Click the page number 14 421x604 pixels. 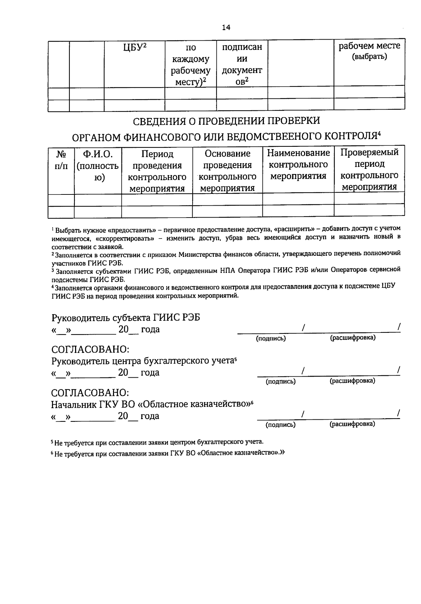(x=226, y=28)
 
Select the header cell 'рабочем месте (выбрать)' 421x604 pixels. (x=369, y=51)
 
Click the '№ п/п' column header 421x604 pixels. (x=61, y=160)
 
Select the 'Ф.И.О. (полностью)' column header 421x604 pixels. (x=98, y=165)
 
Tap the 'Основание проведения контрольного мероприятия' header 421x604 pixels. (x=227, y=171)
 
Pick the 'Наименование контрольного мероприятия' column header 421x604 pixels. (x=298, y=164)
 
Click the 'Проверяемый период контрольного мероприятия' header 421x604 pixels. (x=369, y=170)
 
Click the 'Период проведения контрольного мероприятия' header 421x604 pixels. (x=157, y=171)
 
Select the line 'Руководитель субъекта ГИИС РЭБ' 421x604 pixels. (x=126, y=318)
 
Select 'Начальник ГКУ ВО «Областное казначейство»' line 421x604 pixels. (x=152, y=404)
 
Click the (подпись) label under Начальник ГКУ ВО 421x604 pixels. (x=280, y=425)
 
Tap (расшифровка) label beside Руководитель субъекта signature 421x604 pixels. (x=353, y=338)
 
